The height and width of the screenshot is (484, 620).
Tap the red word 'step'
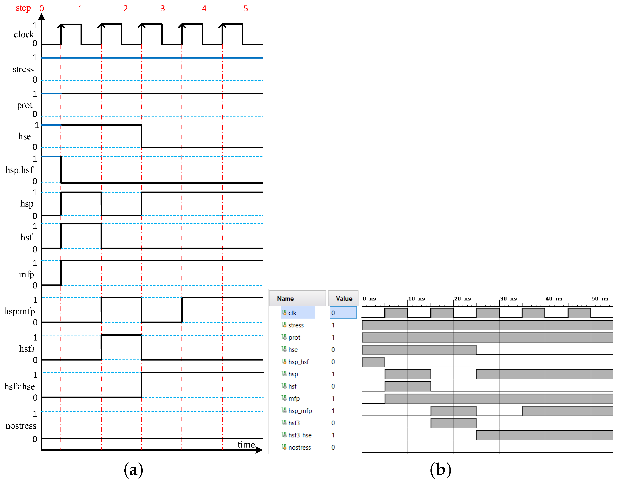point(23,8)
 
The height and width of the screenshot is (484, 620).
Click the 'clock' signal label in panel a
point(24,34)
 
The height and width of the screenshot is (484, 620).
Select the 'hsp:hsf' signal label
point(19,170)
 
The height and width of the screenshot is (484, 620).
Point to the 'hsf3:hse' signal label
point(20,386)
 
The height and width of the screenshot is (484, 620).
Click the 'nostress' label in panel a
point(21,426)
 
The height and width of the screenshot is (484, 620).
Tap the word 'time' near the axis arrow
point(246,445)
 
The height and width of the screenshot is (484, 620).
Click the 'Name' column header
point(285,298)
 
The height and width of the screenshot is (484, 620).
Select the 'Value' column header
point(344,298)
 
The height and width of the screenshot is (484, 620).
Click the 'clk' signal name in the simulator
point(292,313)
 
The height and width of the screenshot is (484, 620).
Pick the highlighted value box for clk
point(343,313)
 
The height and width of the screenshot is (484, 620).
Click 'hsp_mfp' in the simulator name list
point(300,411)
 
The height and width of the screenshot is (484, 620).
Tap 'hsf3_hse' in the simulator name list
point(300,435)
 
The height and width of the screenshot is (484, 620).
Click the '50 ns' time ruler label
point(600,298)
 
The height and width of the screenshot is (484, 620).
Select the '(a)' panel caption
point(133,470)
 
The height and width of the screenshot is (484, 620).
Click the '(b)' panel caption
point(440,470)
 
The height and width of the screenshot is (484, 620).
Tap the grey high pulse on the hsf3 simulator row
point(453,423)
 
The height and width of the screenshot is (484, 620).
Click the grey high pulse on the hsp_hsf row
point(373,362)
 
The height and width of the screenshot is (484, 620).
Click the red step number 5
point(246,8)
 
